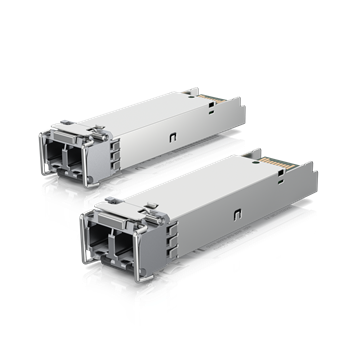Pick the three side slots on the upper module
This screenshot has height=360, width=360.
(115, 152)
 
